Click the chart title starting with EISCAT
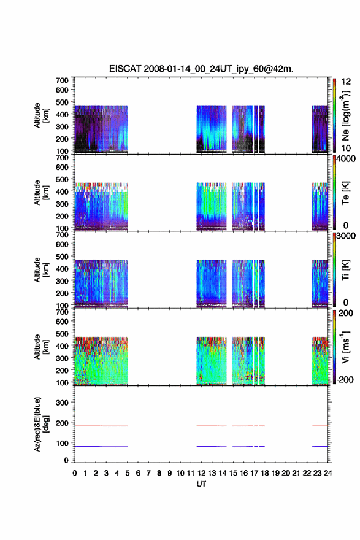tap(201, 69)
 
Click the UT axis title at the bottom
tap(201, 484)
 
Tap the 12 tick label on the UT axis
tap(201, 473)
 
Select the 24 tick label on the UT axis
tap(327, 473)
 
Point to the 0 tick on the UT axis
tap(75, 473)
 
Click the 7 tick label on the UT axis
tap(148, 473)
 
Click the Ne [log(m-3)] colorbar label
tap(345, 116)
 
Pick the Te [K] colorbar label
tap(345, 193)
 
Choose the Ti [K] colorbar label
tap(345, 270)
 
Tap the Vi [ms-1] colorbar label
tap(345, 347)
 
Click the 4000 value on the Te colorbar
tap(346, 159)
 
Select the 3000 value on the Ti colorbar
tap(346, 236)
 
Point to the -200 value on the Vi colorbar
tap(345, 379)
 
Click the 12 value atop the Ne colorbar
tap(346, 82)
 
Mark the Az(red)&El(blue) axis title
tap(40, 424)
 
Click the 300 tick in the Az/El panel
tap(62, 403)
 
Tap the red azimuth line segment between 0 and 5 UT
tap(101, 426)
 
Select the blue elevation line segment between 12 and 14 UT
tap(212, 446)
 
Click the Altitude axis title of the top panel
tap(40, 115)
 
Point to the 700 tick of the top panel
tap(62, 80)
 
